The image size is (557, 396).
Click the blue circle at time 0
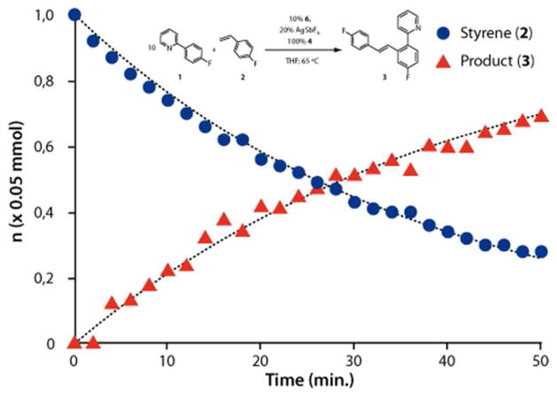coord(74,15)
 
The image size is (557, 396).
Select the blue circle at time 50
coord(542,252)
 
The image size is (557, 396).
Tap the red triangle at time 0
coord(74,342)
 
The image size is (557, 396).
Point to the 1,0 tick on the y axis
coord(43,15)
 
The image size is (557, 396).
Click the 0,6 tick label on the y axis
coord(43,147)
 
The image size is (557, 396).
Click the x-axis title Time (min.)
coord(307,382)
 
